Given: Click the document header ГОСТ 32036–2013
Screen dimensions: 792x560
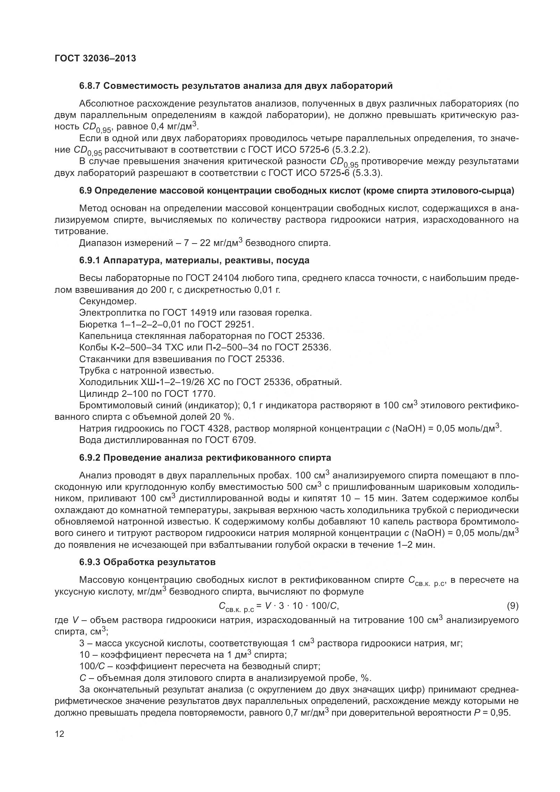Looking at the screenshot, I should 95,59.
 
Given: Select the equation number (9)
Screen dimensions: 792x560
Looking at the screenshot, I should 512,606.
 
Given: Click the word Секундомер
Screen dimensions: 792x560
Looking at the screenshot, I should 108,301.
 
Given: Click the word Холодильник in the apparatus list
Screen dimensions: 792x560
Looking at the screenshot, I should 108,382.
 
